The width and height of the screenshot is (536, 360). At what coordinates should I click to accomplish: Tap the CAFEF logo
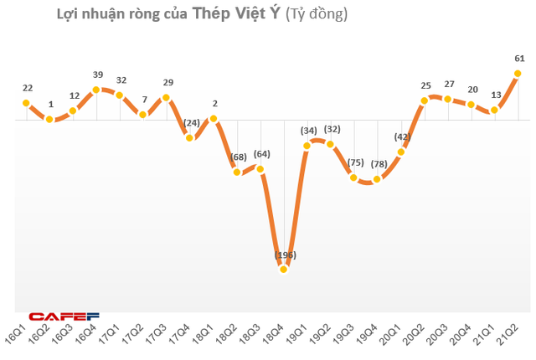64,316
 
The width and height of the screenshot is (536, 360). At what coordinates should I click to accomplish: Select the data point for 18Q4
284,269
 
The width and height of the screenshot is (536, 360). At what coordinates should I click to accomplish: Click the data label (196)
284,255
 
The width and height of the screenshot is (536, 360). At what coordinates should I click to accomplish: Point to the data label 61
519,58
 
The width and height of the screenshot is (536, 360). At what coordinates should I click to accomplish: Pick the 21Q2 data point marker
518,73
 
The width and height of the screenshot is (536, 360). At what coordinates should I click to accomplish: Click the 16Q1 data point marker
26,103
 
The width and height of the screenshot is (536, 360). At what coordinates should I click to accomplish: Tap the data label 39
97,75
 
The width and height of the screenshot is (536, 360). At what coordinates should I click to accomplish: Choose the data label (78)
379,164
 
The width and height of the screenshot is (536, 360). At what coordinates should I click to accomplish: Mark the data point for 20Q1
402,152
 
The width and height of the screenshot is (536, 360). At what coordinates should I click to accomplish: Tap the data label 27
449,85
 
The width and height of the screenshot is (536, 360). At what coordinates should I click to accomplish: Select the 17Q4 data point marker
190,137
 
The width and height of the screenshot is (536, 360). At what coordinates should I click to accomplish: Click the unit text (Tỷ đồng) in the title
316,14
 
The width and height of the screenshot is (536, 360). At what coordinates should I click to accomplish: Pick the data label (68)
237,157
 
